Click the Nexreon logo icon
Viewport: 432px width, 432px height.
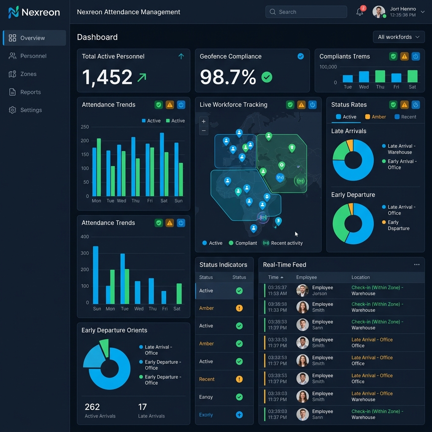pyautogui.click(x=13, y=12)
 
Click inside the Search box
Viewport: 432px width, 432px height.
pyautogui.click(x=306, y=12)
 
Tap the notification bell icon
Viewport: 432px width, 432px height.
pyautogui.click(x=359, y=12)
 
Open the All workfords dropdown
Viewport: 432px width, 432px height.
pyautogui.click(x=398, y=37)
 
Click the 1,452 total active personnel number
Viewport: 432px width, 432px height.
pyautogui.click(x=107, y=77)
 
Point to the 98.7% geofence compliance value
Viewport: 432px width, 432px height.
pyautogui.click(x=228, y=77)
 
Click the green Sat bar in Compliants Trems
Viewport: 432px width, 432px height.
pyautogui.click(x=412, y=76)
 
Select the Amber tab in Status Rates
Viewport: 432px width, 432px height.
pyautogui.click(x=375, y=117)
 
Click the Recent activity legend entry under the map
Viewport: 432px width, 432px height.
pyautogui.click(x=283, y=243)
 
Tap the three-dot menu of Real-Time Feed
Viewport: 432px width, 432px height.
pyautogui.click(x=416, y=265)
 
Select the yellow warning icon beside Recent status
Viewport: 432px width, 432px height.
pyautogui.click(x=239, y=379)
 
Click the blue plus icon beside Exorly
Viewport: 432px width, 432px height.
pyautogui.click(x=239, y=415)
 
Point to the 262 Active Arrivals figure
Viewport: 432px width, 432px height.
pyautogui.click(x=92, y=407)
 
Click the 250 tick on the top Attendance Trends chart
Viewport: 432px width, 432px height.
pyautogui.click(x=84, y=127)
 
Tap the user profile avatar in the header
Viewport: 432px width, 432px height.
pyautogui.click(x=379, y=12)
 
